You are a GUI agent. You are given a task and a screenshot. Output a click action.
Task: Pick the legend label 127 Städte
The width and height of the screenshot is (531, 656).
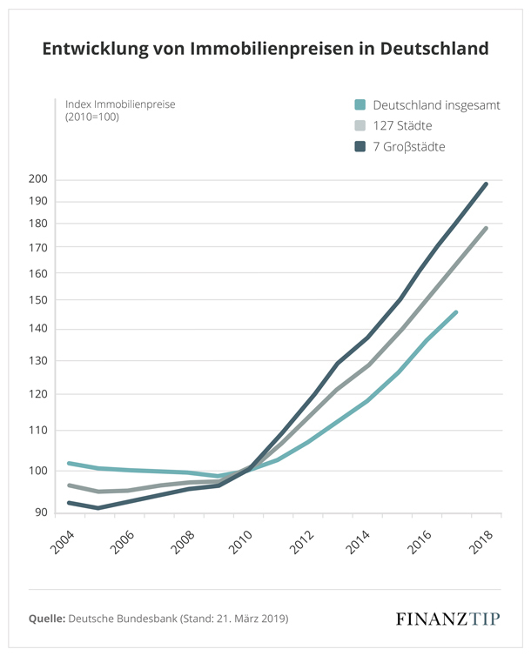click(403, 126)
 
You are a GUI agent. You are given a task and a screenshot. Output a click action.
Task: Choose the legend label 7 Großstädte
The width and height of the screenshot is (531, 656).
click(409, 147)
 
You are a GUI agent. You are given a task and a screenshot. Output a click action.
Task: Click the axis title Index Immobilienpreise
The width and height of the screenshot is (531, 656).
click(120, 104)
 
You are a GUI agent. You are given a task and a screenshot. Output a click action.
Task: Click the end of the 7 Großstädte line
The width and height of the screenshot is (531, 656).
click(486, 184)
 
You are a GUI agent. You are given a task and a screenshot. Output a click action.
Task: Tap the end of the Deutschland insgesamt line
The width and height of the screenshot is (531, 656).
click(456, 311)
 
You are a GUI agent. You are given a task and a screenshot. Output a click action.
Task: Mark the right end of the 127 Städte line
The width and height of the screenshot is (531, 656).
click(486, 228)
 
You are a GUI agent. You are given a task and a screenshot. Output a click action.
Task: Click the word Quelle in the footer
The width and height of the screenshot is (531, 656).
click(47, 619)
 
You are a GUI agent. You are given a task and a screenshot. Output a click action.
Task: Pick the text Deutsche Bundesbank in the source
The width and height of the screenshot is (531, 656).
click(119, 619)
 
